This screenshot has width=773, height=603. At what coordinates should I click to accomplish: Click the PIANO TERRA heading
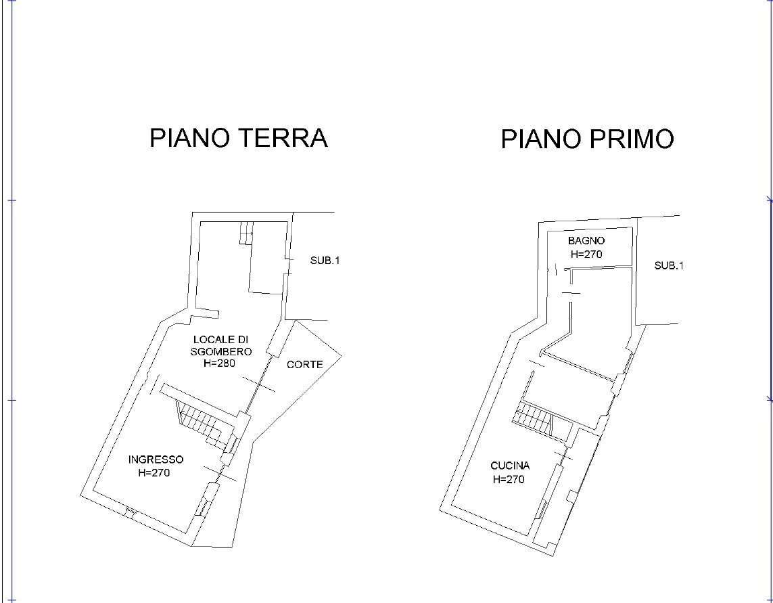[x=239, y=137]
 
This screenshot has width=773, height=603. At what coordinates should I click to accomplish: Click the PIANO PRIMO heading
[x=587, y=139]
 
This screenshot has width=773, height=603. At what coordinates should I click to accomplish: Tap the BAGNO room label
[x=586, y=241]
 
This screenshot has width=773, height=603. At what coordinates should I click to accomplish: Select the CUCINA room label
[x=510, y=466]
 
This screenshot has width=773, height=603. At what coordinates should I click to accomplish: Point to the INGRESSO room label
[x=156, y=460]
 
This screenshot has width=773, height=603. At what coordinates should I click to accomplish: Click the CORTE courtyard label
[x=304, y=365]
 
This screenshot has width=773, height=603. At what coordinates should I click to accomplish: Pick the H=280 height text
[x=219, y=363]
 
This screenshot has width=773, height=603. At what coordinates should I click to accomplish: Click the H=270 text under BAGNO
[x=586, y=254]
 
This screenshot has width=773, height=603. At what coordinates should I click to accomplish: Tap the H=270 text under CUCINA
[x=509, y=479]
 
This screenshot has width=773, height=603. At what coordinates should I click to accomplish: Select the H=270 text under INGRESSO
[x=154, y=473]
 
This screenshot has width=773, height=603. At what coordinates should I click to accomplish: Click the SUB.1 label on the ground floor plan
[x=325, y=261]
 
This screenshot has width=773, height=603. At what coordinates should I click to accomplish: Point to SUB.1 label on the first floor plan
[x=669, y=265]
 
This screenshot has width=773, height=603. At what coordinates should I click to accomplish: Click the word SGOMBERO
[x=221, y=351]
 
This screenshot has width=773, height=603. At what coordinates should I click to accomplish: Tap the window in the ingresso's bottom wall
[x=130, y=512]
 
